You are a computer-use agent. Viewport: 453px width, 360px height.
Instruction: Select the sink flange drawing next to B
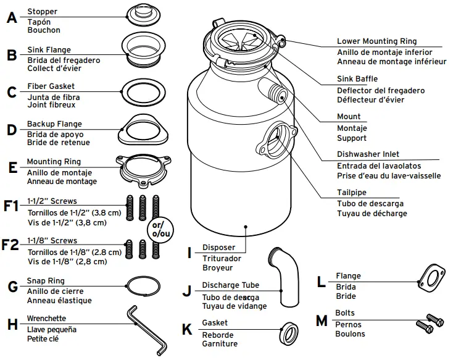[x=144, y=49]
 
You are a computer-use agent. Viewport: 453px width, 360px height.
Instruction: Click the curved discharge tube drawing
[x=286, y=275]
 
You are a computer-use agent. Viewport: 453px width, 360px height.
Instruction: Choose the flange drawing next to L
[x=431, y=281]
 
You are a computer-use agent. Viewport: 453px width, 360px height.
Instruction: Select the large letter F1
[x=11, y=206]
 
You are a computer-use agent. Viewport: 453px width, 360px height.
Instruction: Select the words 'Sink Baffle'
[x=357, y=79]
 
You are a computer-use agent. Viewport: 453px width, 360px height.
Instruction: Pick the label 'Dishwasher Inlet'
[x=368, y=154]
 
